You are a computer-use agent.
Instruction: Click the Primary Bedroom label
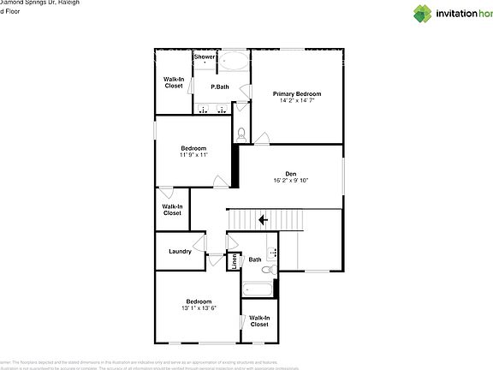(x=297, y=93)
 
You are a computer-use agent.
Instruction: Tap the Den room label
(x=290, y=174)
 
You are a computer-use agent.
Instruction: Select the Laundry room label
(x=180, y=251)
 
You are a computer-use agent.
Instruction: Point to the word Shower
(x=205, y=57)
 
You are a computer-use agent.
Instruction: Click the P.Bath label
(x=221, y=87)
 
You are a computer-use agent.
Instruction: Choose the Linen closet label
(x=235, y=260)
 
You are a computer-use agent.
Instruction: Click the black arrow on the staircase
(x=264, y=220)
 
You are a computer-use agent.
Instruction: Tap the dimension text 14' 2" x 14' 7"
(x=297, y=100)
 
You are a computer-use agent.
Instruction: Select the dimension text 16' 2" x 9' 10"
(x=290, y=181)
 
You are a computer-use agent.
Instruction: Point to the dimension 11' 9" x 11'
(x=193, y=155)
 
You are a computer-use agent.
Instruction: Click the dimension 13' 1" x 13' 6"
(x=199, y=307)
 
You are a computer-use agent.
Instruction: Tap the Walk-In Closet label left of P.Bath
(x=174, y=82)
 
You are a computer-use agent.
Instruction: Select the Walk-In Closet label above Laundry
(x=172, y=209)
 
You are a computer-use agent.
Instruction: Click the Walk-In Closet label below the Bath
(x=259, y=320)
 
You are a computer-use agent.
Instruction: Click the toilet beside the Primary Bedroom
(x=241, y=134)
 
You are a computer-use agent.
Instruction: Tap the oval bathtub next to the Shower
(x=233, y=62)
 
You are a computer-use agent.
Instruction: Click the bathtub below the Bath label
(x=258, y=289)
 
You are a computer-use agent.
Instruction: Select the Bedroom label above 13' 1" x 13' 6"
(x=199, y=301)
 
